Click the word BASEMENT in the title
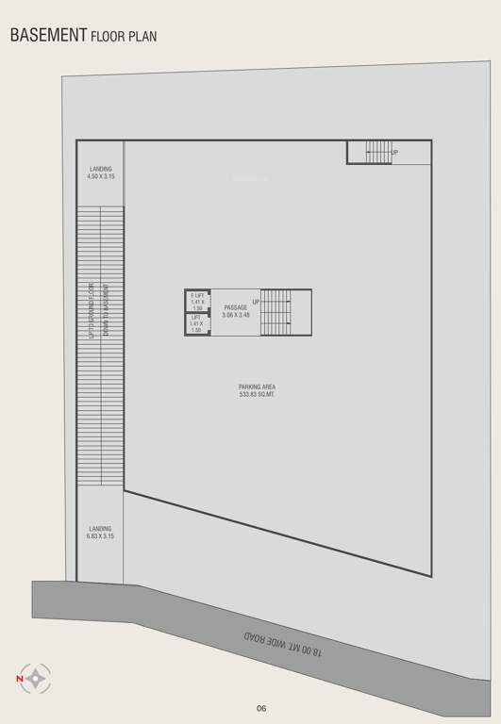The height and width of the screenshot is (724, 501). coord(48,36)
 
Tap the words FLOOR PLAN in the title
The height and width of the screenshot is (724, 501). coord(124,38)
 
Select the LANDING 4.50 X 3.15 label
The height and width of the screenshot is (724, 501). coord(100,173)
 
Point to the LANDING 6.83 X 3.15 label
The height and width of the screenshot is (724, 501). coord(100,533)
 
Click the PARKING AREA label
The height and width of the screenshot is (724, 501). coord(257,387)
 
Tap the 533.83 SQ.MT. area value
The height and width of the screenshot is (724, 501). coord(257,394)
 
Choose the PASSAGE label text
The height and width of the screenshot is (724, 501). coord(236,307)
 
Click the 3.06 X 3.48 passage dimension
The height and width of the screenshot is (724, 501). coord(236,315)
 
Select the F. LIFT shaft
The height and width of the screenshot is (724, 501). coord(197,301)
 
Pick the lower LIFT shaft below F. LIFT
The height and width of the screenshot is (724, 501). coord(197,324)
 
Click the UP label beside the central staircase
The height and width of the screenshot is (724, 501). coord(256,302)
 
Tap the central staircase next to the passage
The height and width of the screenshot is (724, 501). coord(277,312)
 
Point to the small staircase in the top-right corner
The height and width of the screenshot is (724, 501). coord(377,151)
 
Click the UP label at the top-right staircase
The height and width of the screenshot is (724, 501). coord(394,152)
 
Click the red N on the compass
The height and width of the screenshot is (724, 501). coord(19,678)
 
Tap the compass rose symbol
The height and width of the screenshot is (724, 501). coord(37,678)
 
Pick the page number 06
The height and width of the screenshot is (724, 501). coord(261,708)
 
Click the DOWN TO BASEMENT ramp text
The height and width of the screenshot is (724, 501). coord(107,311)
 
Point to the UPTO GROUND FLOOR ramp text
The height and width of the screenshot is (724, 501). coord(92,311)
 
